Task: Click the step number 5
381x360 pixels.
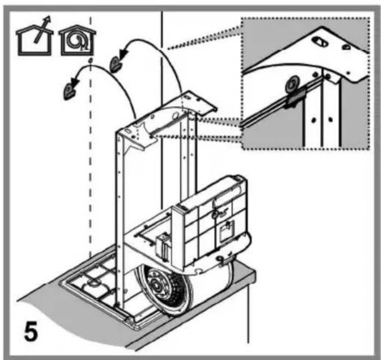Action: [31, 331]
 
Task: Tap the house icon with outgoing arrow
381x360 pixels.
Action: [34, 39]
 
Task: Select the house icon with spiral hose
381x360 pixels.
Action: [78, 40]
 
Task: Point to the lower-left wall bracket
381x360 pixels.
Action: [69, 91]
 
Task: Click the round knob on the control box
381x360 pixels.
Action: [215, 214]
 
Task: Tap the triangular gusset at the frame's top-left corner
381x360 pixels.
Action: [136, 142]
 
